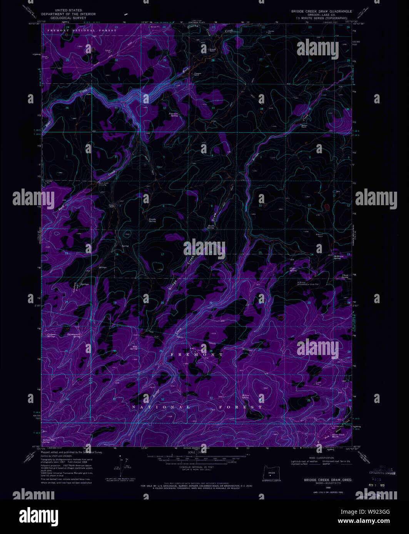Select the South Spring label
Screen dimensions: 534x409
(x=210, y=227)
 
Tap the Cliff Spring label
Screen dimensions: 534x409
(x=293, y=270)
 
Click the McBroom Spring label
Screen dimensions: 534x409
(x=337, y=257)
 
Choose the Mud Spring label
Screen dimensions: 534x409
(x=135, y=347)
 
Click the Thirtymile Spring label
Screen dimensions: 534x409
(x=74, y=335)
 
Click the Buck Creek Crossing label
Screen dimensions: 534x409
(x=104, y=184)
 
